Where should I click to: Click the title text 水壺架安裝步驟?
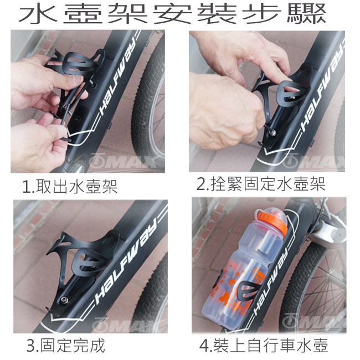(172, 14)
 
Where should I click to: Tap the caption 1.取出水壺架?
(70, 186)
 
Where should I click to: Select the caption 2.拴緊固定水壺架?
(261, 184)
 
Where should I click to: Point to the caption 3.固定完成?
(66, 345)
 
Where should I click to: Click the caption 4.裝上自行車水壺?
(263, 345)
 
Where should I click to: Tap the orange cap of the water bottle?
(272, 222)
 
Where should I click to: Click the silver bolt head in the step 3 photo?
(63, 300)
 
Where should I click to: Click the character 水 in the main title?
(38, 14)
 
